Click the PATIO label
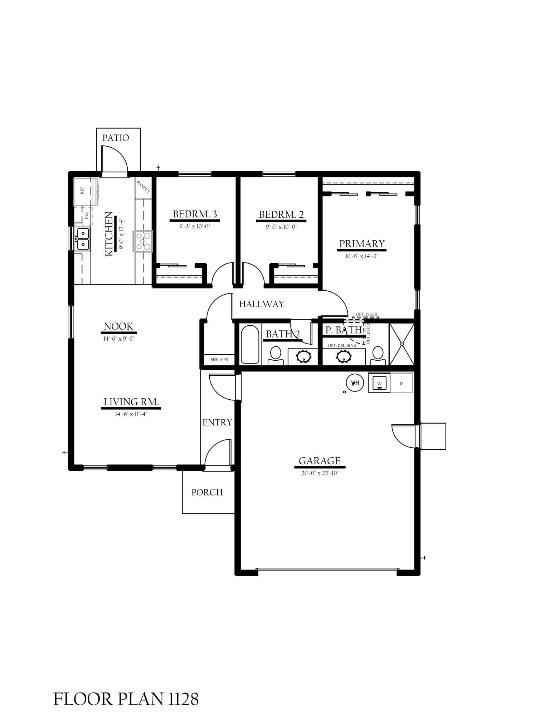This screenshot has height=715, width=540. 116,138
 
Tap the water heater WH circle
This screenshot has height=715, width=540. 355,383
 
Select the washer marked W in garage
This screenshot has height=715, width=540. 379,383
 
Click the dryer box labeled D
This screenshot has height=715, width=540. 402,383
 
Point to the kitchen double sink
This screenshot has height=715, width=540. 83,239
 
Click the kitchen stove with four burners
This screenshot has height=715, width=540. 143,241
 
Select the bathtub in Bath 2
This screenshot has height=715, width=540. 250,344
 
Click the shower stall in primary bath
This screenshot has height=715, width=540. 402,344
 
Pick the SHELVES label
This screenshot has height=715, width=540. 219,359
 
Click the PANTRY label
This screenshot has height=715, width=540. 143,187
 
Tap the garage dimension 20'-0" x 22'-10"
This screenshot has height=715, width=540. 319,473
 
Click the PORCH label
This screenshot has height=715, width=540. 207,492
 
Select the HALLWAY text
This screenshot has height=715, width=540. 261,304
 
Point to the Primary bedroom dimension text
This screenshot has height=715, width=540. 361,256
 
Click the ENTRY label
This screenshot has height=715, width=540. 217,422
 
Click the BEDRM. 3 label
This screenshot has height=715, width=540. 195,214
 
